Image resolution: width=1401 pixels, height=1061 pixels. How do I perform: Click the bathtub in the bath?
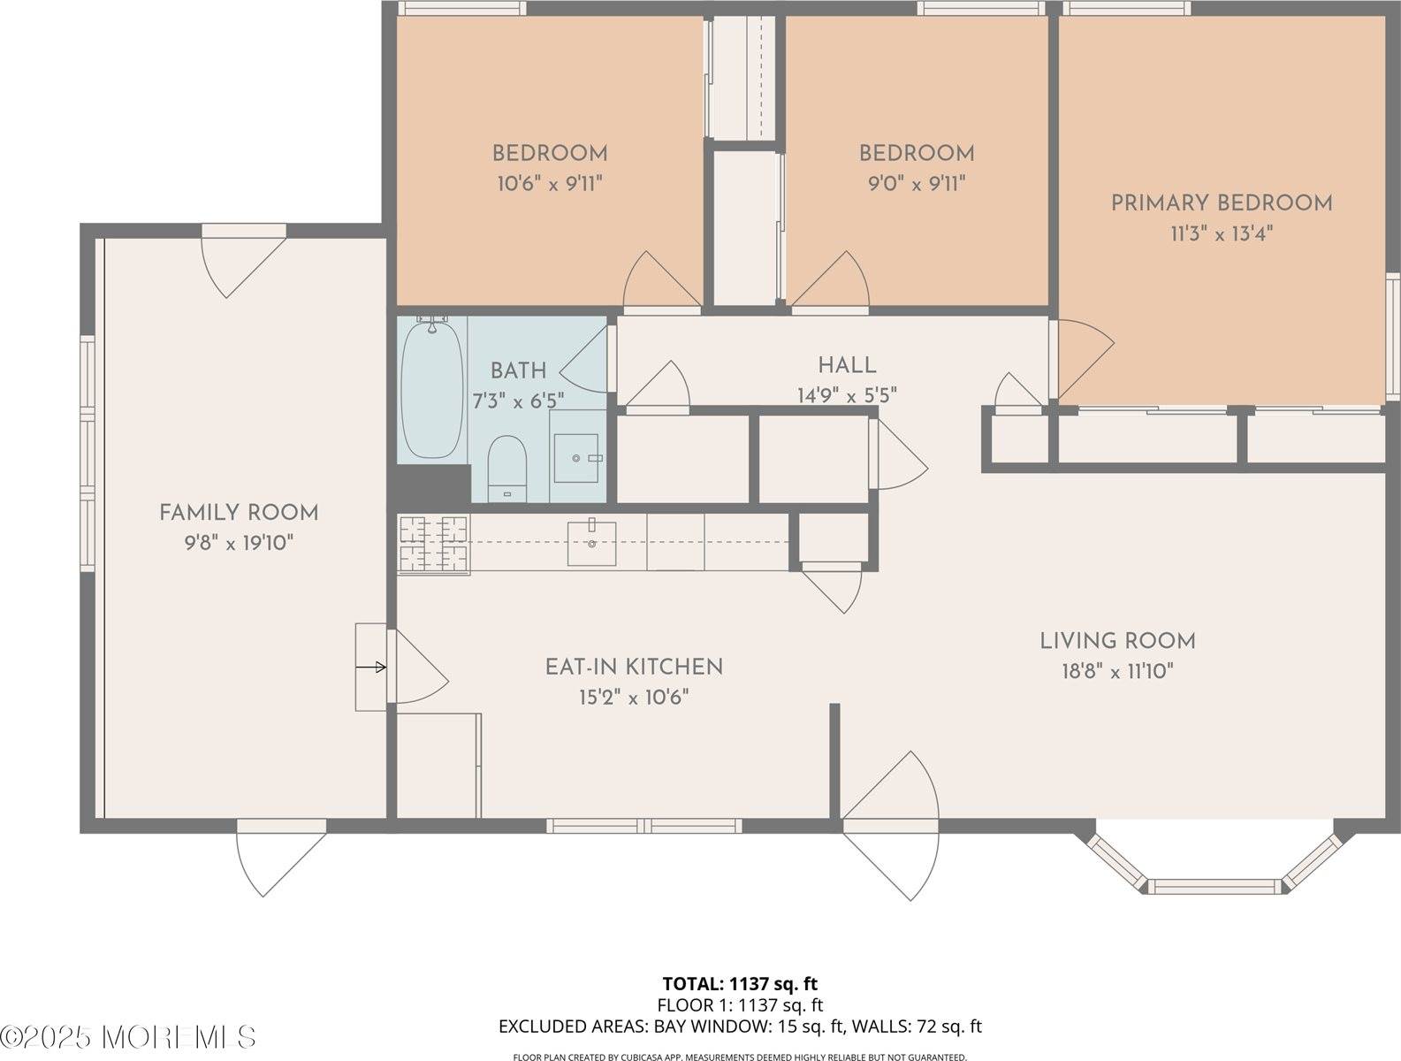(x=431, y=390)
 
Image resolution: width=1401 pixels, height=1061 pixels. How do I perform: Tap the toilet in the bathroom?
(x=506, y=467)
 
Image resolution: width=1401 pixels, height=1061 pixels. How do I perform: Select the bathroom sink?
(x=575, y=457)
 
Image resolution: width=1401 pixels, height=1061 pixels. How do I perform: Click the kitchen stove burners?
(x=433, y=543)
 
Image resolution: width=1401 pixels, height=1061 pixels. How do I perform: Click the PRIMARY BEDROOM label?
(x=1221, y=202)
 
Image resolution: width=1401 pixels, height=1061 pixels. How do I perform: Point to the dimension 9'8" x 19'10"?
(x=239, y=542)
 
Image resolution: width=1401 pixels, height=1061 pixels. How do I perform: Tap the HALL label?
(x=847, y=364)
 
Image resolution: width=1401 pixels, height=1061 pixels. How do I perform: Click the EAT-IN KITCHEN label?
(x=634, y=667)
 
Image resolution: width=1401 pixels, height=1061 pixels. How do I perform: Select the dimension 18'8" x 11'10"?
(x=1117, y=671)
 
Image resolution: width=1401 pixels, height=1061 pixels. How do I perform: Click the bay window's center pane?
(x=1214, y=886)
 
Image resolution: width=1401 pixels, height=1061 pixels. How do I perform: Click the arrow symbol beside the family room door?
(x=372, y=667)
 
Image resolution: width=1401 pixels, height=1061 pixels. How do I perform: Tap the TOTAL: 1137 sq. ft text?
(x=740, y=983)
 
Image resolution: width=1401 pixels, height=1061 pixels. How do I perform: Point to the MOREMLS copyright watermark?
(x=128, y=1036)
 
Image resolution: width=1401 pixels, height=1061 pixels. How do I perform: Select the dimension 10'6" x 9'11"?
(x=550, y=184)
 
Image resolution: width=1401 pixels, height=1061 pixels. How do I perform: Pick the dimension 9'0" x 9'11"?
(x=917, y=184)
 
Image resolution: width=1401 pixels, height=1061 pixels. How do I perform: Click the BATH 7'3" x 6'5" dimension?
(x=518, y=401)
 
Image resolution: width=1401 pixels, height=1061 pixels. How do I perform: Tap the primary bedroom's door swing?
(x=1084, y=358)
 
